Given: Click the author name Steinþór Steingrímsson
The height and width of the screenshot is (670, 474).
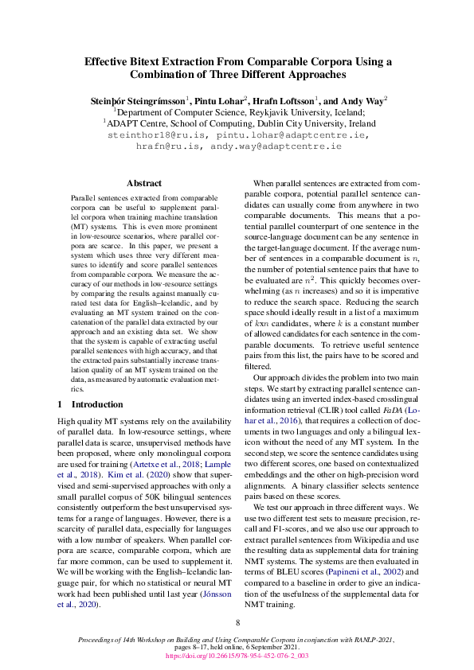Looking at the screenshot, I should [x=136, y=101].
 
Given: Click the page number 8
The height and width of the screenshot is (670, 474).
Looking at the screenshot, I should [x=237, y=623].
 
